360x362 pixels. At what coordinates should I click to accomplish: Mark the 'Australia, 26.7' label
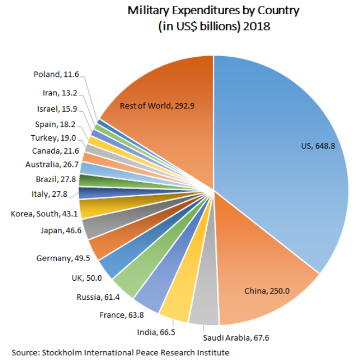50,164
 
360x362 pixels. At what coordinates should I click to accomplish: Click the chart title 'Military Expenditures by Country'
213,10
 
